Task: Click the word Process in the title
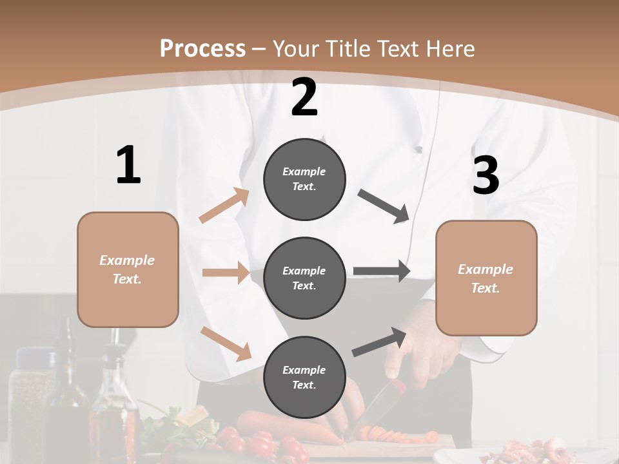(202, 48)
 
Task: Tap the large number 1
(128, 166)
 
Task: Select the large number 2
(304, 97)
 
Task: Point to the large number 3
(486, 176)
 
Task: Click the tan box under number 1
(128, 269)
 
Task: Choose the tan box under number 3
(486, 278)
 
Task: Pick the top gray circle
(304, 179)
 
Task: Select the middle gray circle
(304, 278)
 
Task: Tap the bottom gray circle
(304, 377)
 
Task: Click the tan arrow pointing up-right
(224, 206)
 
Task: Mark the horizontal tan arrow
(226, 273)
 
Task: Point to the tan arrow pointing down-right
(226, 343)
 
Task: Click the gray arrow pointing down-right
(384, 206)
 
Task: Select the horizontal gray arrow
(382, 271)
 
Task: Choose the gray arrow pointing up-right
(380, 342)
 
